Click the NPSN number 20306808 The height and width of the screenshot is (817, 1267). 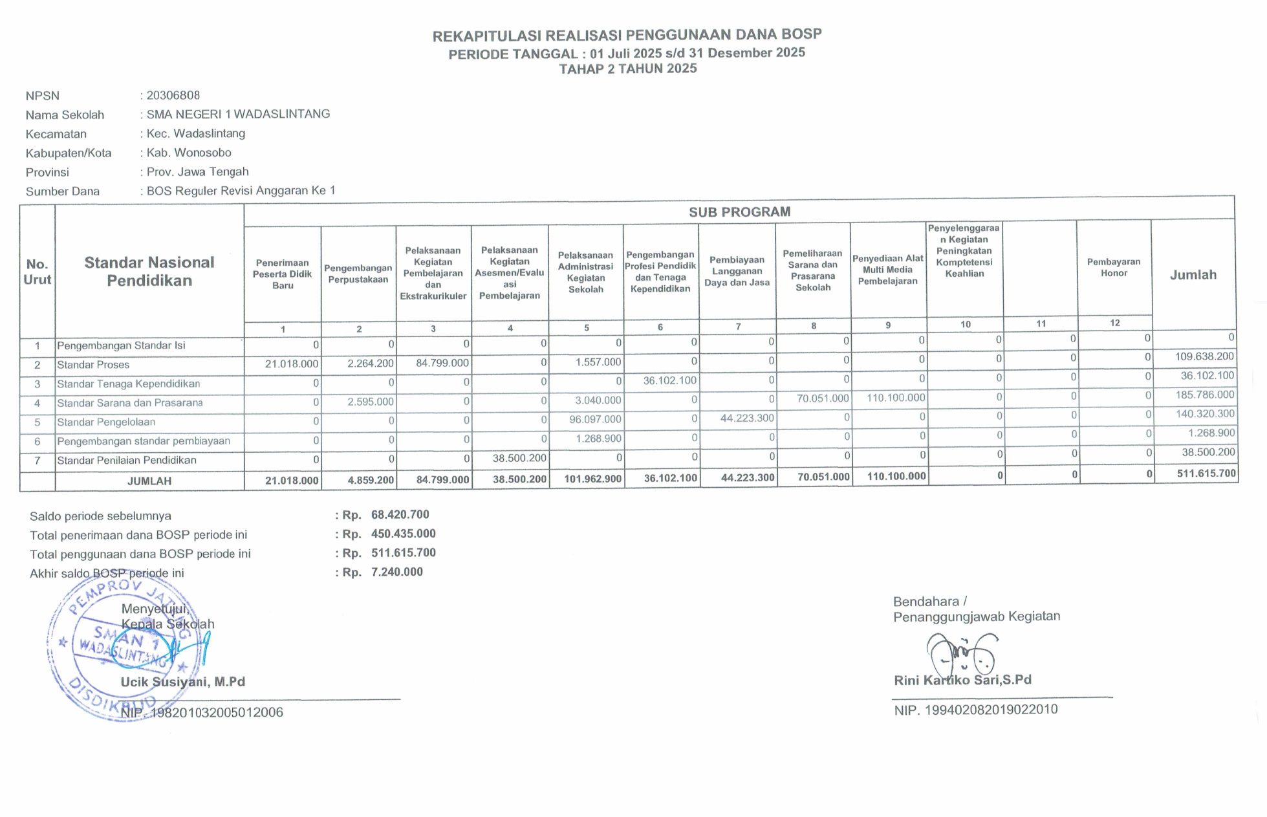point(173,95)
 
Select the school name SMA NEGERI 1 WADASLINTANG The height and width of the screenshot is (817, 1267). point(238,114)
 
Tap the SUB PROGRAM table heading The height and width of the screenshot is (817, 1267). point(739,212)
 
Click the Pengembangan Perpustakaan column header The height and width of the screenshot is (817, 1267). point(358,274)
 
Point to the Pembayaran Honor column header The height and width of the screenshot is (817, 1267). point(1114,267)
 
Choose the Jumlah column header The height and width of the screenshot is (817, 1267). point(1193,275)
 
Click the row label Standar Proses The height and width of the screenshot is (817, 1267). point(93,365)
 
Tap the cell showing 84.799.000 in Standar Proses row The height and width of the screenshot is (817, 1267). point(442,363)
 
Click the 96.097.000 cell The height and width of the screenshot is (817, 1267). point(595,419)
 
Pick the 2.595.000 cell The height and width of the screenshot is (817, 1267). point(370,402)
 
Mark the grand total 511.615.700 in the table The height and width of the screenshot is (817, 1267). point(1206,474)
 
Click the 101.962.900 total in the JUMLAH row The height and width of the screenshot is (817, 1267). point(593,479)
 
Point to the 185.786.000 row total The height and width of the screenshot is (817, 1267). point(1205,395)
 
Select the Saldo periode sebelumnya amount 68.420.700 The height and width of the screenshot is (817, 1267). point(400,515)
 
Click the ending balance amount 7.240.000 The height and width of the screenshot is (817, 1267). point(396,572)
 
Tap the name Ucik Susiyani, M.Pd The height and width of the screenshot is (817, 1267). point(183,682)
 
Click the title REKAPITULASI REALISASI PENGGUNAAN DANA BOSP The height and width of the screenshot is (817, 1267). point(627,35)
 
